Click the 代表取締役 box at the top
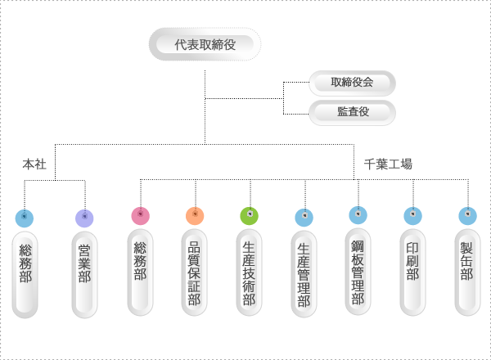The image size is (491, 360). pos(205,44)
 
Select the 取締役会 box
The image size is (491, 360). pos(353,83)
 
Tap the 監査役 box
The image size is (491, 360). pos(353,112)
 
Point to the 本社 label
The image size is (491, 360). pos(34,164)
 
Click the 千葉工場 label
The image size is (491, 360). pos(388,164)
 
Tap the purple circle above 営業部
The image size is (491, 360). pos(84,218)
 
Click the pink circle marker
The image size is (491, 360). pos(140,216)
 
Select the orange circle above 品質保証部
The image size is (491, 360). pos(195,216)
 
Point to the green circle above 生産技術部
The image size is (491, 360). pos(250,216)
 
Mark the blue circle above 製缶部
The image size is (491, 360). pos(467,216)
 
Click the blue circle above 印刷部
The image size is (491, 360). pos(412,216)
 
